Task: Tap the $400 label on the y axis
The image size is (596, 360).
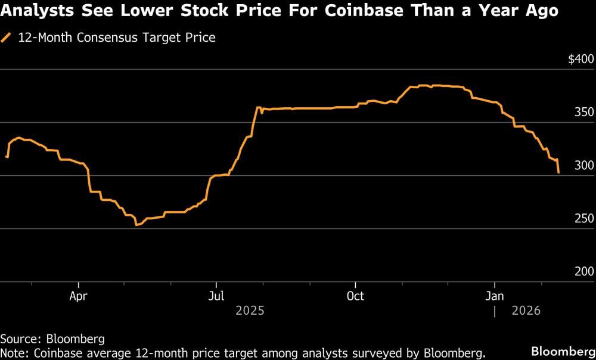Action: tap(581, 60)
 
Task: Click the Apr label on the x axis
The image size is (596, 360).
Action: tap(79, 296)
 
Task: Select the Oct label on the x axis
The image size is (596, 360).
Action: tap(355, 296)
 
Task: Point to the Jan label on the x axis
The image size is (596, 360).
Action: tap(495, 296)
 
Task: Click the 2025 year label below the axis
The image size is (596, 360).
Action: tap(250, 311)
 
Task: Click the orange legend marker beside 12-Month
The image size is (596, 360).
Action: tap(7, 38)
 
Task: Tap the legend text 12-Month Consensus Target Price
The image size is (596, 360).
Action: tap(117, 38)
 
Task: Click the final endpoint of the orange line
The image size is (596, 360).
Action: tap(558, 173)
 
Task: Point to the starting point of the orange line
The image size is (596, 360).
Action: tap(6, 157)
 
